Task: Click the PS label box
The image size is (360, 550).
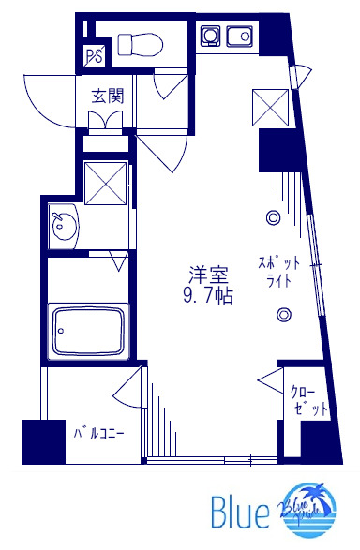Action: pyautogui.click(x=95, y=56)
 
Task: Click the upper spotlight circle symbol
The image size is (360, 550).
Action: pyautogui.click(x=273, y=216)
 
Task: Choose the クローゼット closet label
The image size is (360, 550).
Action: pyautogui.click(x=308, y=402)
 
